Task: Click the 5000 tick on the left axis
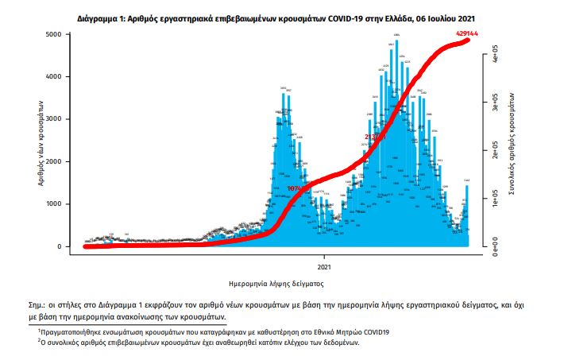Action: [x=52, y=35]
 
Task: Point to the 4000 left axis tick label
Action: [x=52, y=77]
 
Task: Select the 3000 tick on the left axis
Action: [x=52, y=119]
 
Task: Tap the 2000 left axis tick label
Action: [x=52, y=162]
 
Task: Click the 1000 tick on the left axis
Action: [x=52, y=204]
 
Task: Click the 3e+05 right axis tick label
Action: [x=494, y=105]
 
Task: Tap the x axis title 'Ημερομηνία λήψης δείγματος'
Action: [x=274, y=283]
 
